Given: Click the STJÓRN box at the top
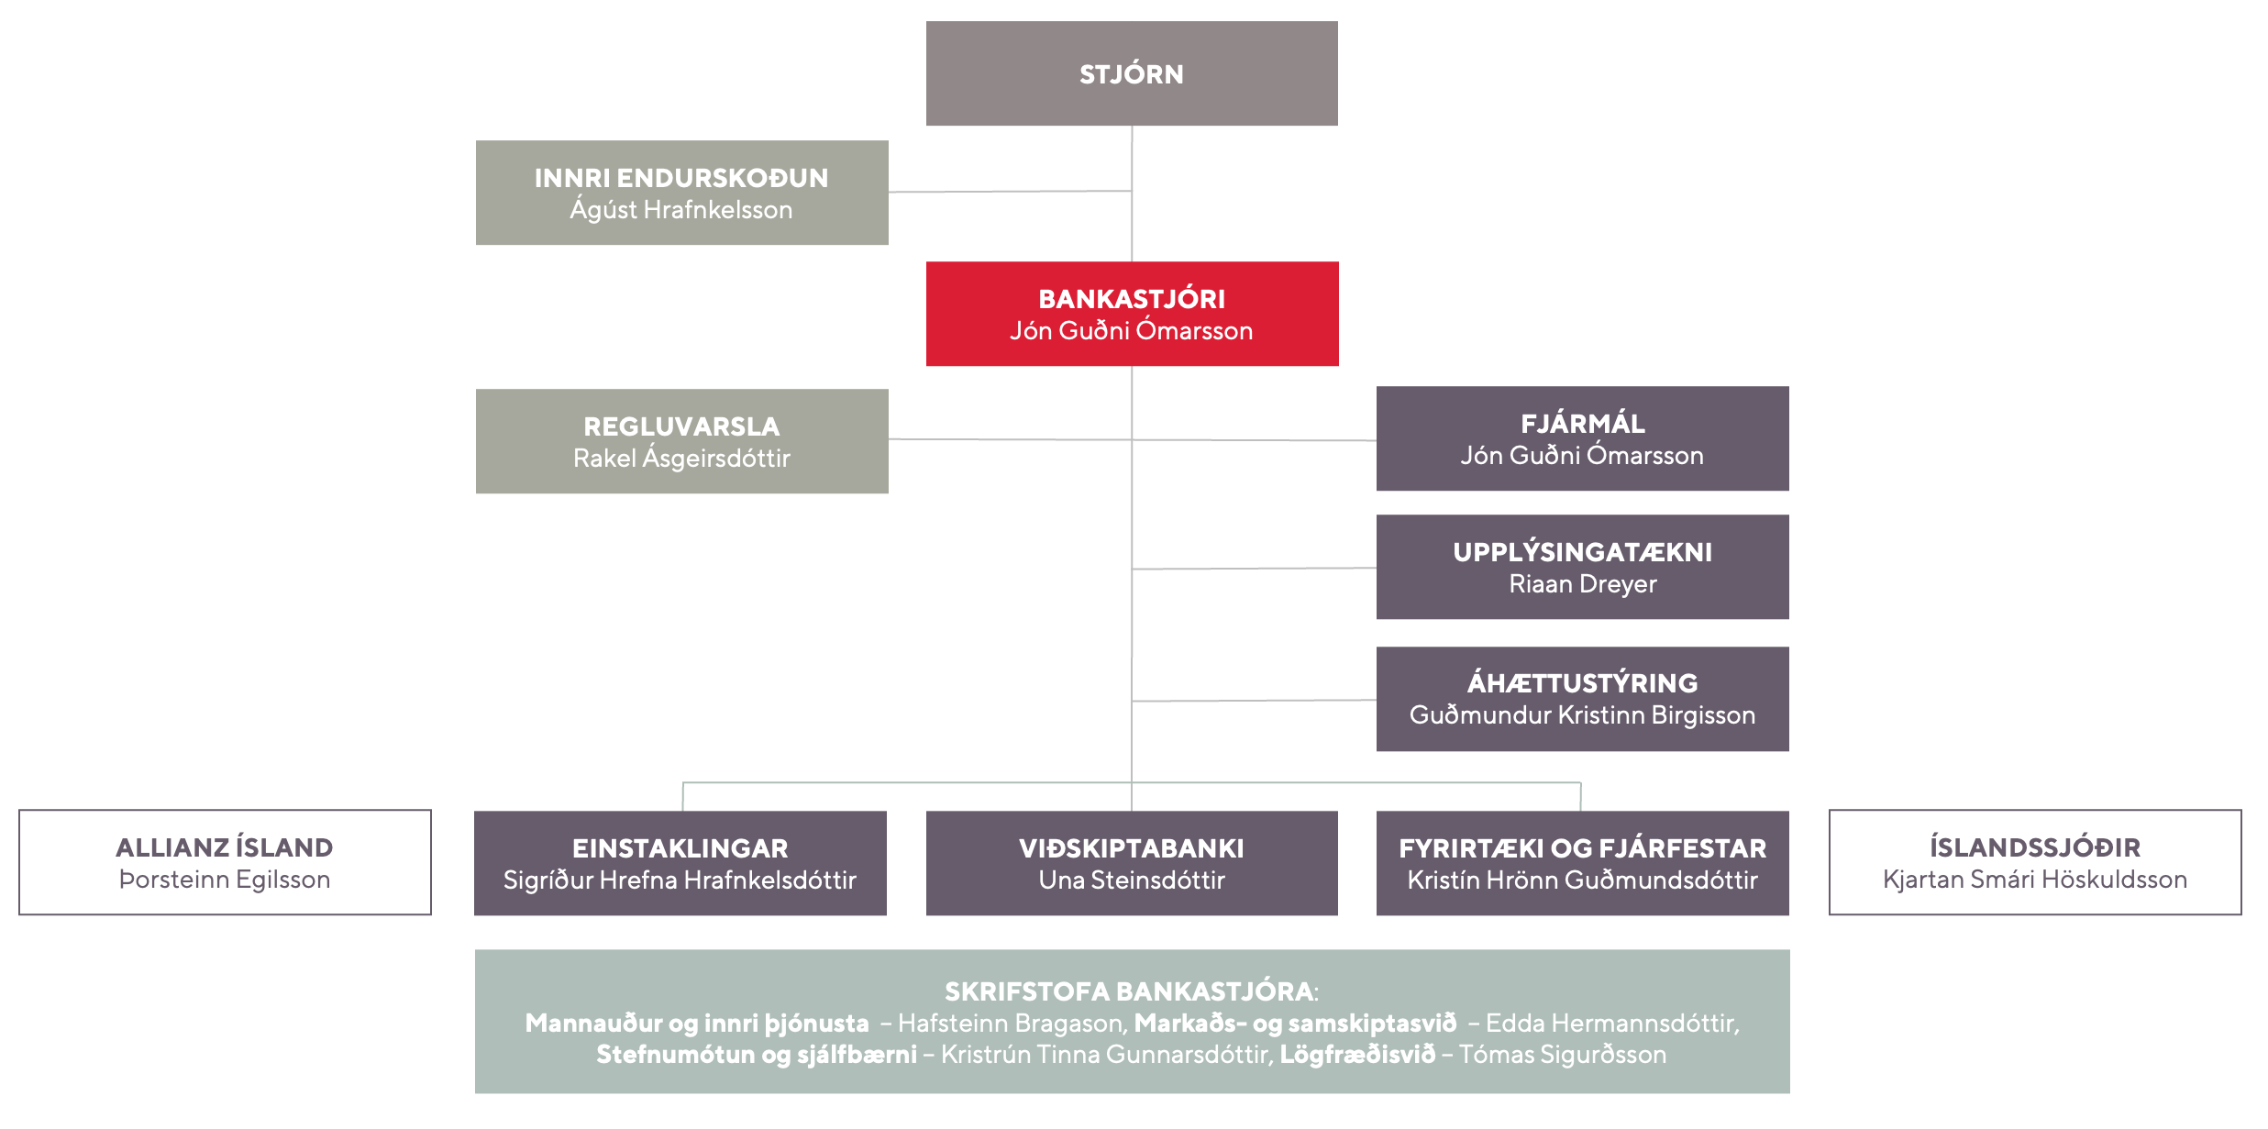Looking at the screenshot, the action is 1132,73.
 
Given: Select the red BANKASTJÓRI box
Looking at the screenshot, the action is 1132,314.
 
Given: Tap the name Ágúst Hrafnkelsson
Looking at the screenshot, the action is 681,209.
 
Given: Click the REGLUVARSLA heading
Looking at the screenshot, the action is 681,426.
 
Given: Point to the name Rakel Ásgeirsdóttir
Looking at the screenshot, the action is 681,458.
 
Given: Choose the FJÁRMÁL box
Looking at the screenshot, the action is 1582,438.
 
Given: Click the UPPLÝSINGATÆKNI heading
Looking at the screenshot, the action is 1582,552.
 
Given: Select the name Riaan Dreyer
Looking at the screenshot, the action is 1583,584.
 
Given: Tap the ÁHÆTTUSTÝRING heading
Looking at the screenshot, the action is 1582,682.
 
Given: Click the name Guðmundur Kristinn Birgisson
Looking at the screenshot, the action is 1582,714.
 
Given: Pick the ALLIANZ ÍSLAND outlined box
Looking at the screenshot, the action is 225,862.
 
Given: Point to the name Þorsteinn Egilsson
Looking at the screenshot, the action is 225,880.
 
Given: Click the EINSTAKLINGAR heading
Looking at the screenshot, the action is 680,848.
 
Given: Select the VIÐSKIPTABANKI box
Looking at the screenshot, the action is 1132,863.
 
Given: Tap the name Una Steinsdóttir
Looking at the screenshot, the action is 1132,880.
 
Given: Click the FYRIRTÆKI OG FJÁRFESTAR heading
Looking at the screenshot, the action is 1582,848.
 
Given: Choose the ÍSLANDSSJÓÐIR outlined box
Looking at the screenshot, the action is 2035,862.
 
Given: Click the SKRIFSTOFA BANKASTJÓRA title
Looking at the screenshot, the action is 1129,991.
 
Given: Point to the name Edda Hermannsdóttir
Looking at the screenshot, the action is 1611,1023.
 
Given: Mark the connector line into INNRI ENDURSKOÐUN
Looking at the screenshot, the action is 1010,192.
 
